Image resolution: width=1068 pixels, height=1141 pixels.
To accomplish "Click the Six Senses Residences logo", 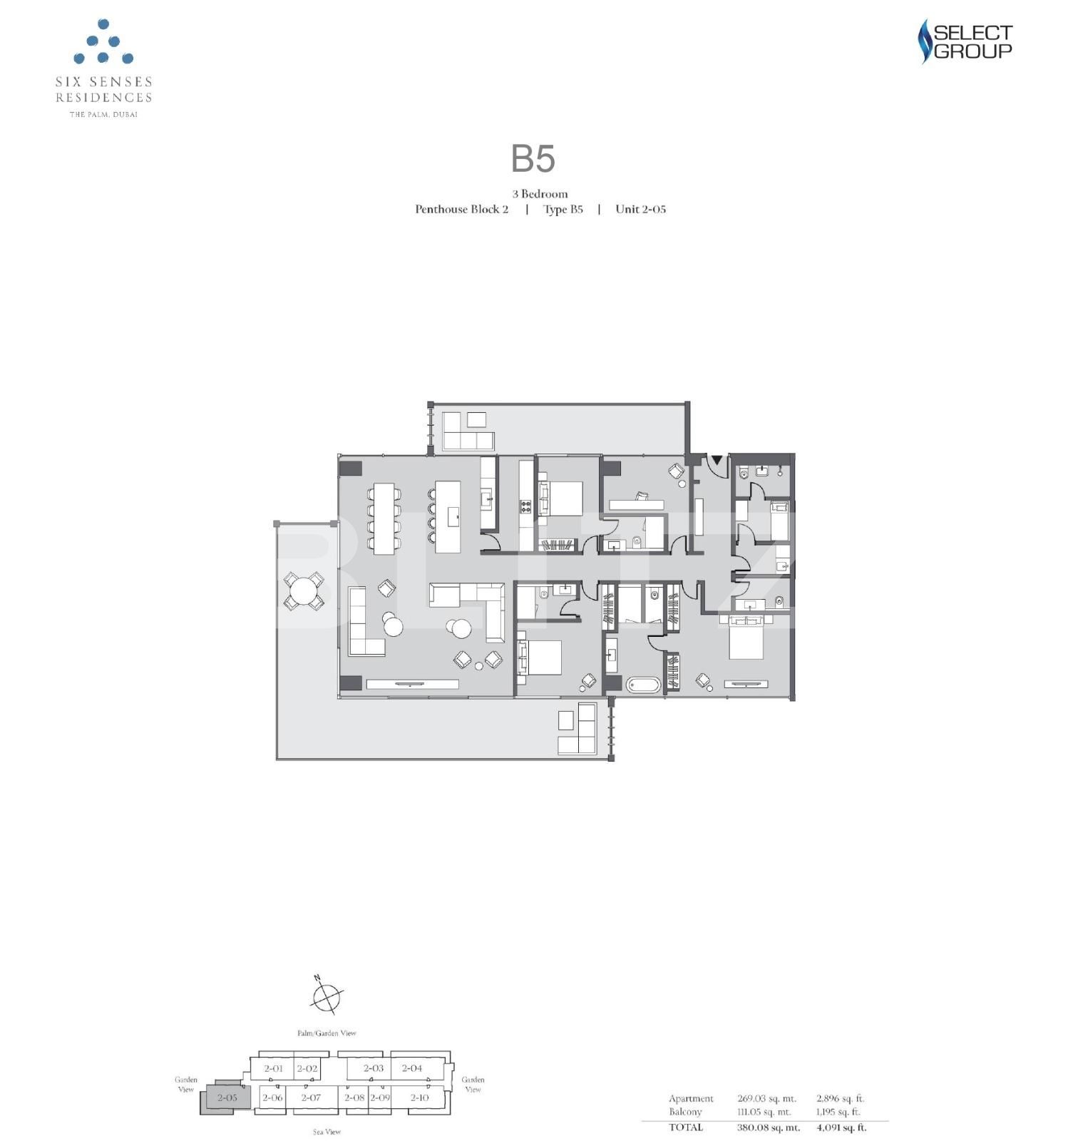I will tap(103, 68).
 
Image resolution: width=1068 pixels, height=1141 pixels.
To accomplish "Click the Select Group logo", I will tap(965, 41).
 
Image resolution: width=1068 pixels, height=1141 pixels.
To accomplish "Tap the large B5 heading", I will tap(533, 159).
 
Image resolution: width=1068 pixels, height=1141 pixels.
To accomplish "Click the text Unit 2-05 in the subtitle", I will tap(640, 209).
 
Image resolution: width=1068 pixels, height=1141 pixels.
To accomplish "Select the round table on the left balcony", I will tap(304, 592).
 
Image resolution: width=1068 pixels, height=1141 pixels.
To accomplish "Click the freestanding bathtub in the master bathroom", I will tap(644, 685).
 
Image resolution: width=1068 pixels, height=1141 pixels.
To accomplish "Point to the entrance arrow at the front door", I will tap(716, 461).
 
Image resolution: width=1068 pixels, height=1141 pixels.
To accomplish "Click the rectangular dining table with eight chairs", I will tap(384, 518).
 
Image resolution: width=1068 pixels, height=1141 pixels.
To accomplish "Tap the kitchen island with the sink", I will tap(447, 516).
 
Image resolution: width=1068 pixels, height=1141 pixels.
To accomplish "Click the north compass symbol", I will tap(327, 994).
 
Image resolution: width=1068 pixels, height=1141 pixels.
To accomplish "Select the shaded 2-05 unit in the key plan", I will tap(227, 1097).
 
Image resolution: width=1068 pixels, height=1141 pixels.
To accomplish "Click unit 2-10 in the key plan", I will tap(419, 1097).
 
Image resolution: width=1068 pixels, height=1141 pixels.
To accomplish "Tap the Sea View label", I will tap(327, 1132).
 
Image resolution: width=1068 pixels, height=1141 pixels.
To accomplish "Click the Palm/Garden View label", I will tap(327, 1033).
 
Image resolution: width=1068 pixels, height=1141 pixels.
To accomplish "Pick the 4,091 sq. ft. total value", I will tap(841, 1127).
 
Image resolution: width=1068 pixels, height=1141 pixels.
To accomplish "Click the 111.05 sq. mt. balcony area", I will tap(764, 1112).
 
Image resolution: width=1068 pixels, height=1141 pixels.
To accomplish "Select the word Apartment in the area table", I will tap(690, 1098).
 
